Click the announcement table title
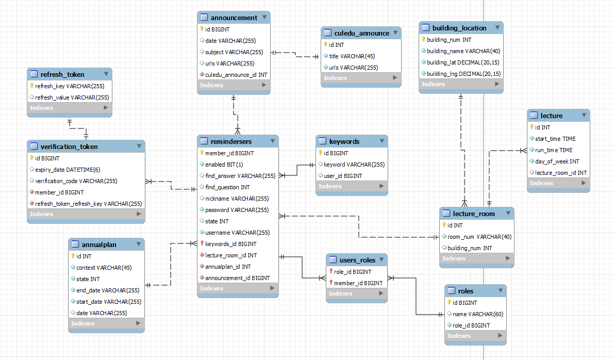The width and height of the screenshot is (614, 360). coord(234,18)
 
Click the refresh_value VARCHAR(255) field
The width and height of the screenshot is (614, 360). coord(72,97)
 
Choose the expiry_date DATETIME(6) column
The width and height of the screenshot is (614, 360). coord(68,170)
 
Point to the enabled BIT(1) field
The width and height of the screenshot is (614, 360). coord(224,165)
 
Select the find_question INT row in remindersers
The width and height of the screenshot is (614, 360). coord(227,187)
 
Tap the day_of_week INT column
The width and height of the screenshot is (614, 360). coord(557,161)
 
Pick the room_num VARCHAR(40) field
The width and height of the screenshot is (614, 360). coord(479,237)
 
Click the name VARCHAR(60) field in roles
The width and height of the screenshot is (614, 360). coord(478,314)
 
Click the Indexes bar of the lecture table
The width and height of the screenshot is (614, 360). coord(558,183)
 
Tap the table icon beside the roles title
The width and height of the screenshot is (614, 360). coord(452,291)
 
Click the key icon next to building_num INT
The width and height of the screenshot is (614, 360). coord(424,40)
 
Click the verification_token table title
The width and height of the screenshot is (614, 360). coord(69,146)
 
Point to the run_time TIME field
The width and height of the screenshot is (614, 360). coord(554,150)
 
